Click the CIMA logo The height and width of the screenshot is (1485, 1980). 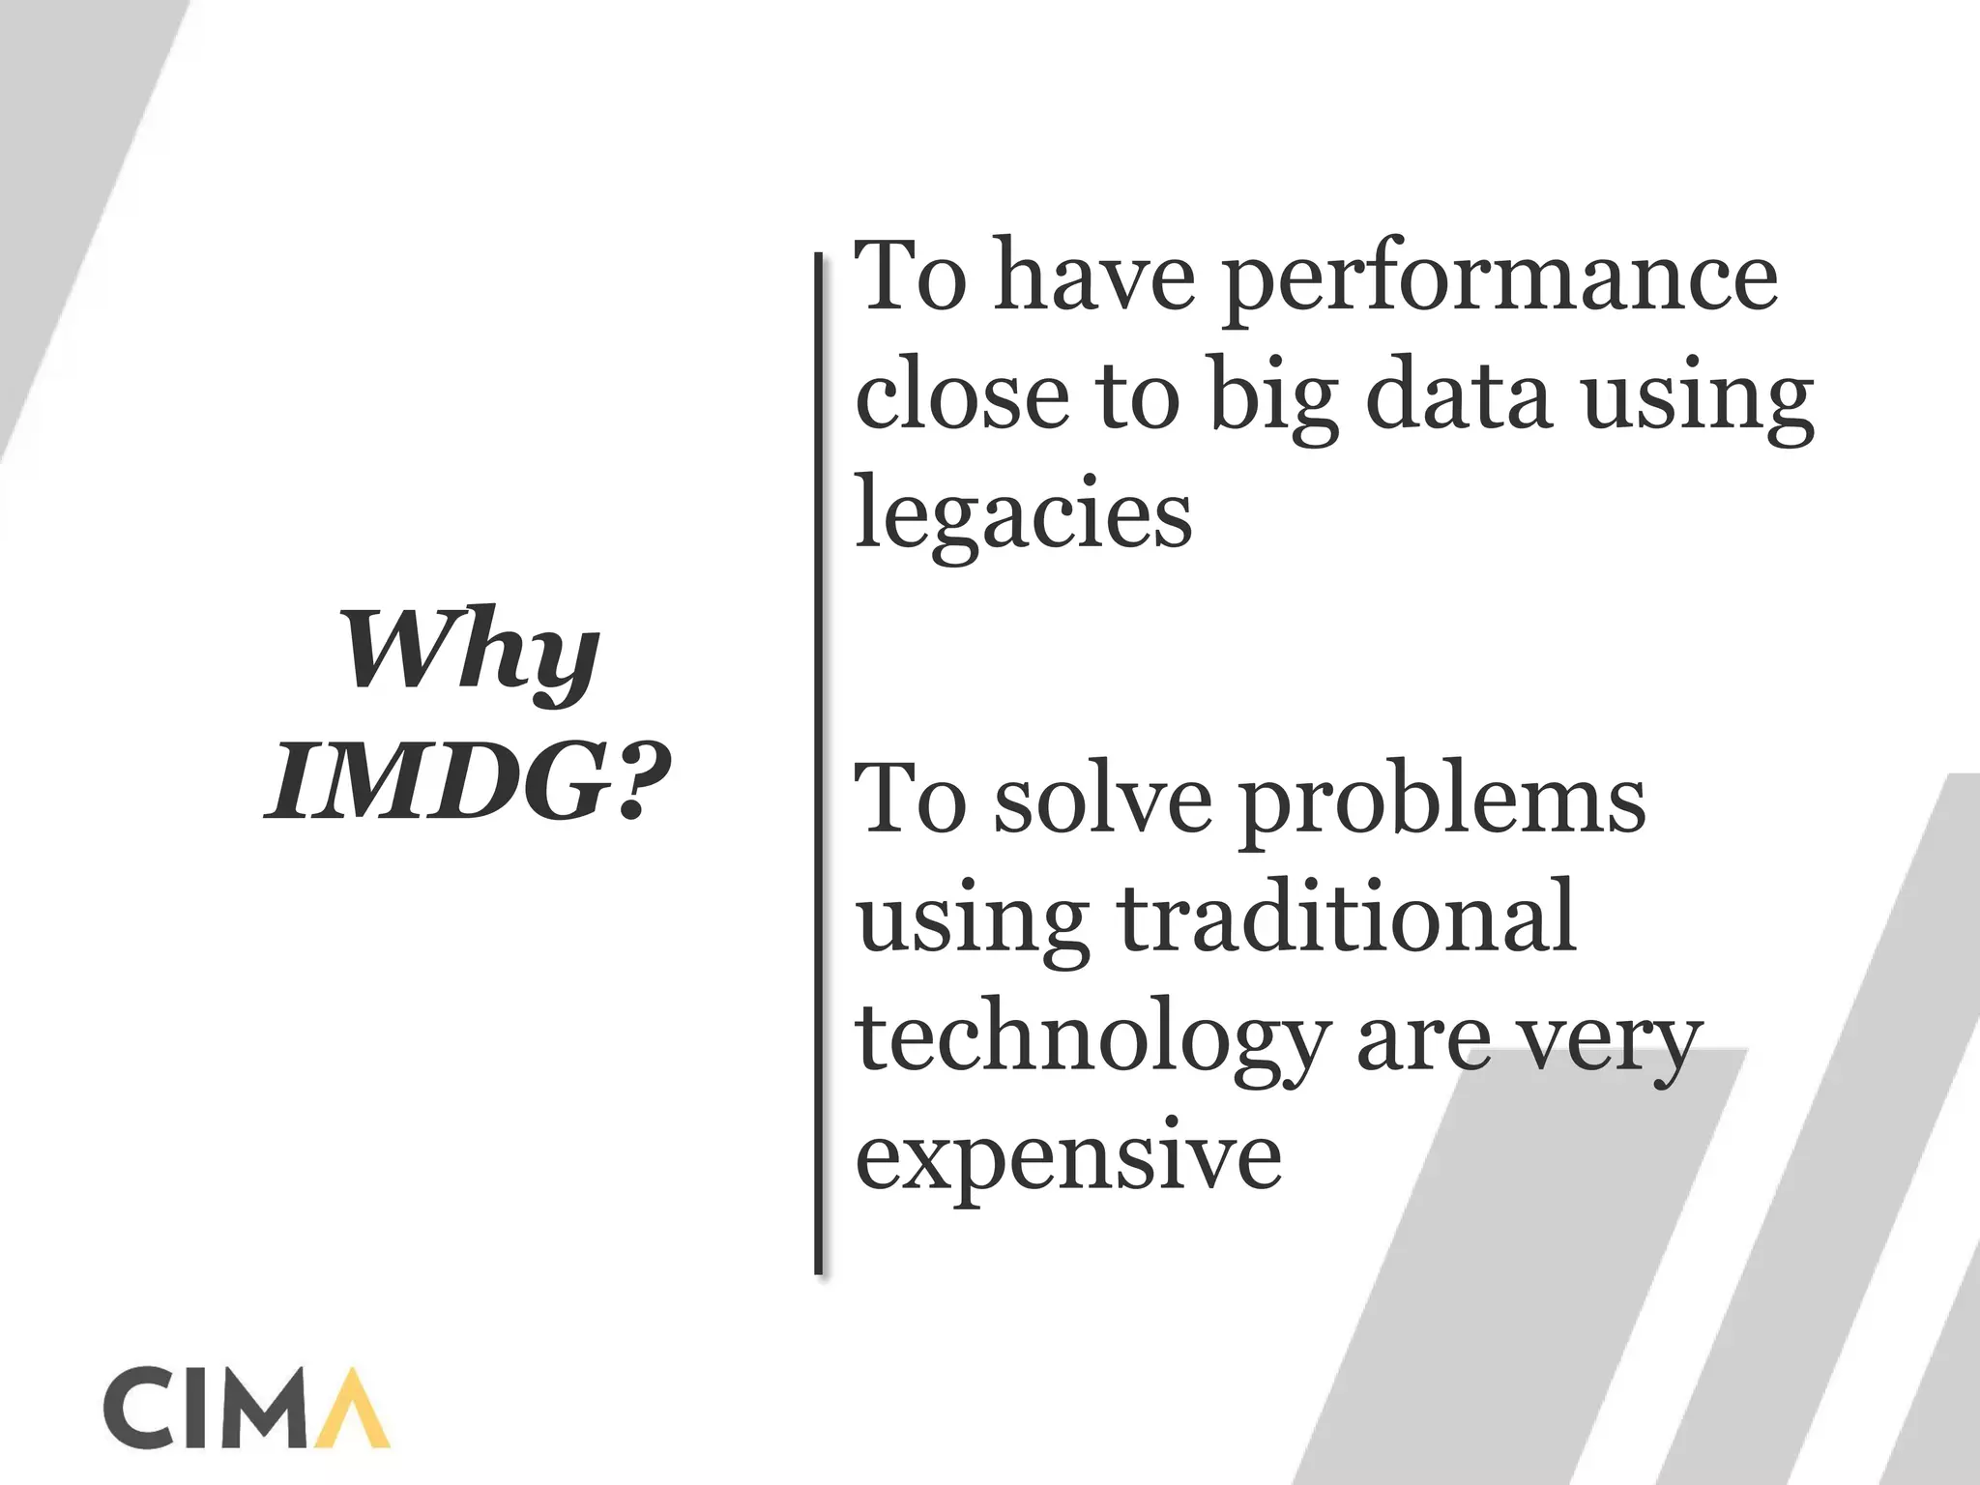click(246, 1407)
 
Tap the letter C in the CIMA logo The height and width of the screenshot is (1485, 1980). click(136, 1408)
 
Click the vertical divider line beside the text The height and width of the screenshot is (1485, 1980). click(820, 764)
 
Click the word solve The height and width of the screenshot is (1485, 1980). click(1102, 801)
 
